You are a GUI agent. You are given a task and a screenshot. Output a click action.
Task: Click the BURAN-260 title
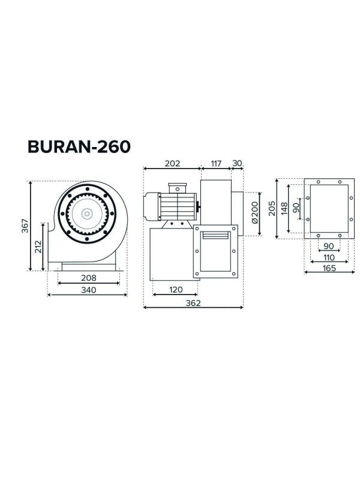pyautogui.click(x=79, y=147)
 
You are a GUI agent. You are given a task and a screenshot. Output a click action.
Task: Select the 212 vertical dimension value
pyautogui.click(x=38, y=247)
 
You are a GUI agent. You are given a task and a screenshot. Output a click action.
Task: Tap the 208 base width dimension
pyautogui.click(x=88, y=278)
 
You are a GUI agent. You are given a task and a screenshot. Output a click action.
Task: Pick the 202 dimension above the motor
pyautogui.click(x=172, y=163)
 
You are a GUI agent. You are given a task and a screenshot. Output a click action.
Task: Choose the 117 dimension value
pyautogui.click(x=215, y=163)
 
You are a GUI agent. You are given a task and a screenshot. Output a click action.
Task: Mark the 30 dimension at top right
pyautogui.click(x=237, y=163)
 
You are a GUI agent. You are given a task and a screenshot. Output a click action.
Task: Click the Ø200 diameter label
pyautogui.click(x=254, y=212)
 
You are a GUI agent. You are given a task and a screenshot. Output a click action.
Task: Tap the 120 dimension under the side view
pyautogui.click(x=175, y=290)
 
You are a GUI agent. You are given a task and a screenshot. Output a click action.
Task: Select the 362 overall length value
pyautogui.click(x=193, y=303)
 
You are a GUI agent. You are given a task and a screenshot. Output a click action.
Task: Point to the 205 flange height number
pyautogui.click(x=271, y=208)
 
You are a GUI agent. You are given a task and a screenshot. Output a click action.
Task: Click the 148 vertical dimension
pyautogui.click(x=284, y=208)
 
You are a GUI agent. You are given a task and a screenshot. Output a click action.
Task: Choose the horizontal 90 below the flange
pyautogui.click(x=328, y=246)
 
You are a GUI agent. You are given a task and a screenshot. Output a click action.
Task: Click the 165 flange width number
pyautogui.click(x=328, y=268)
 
